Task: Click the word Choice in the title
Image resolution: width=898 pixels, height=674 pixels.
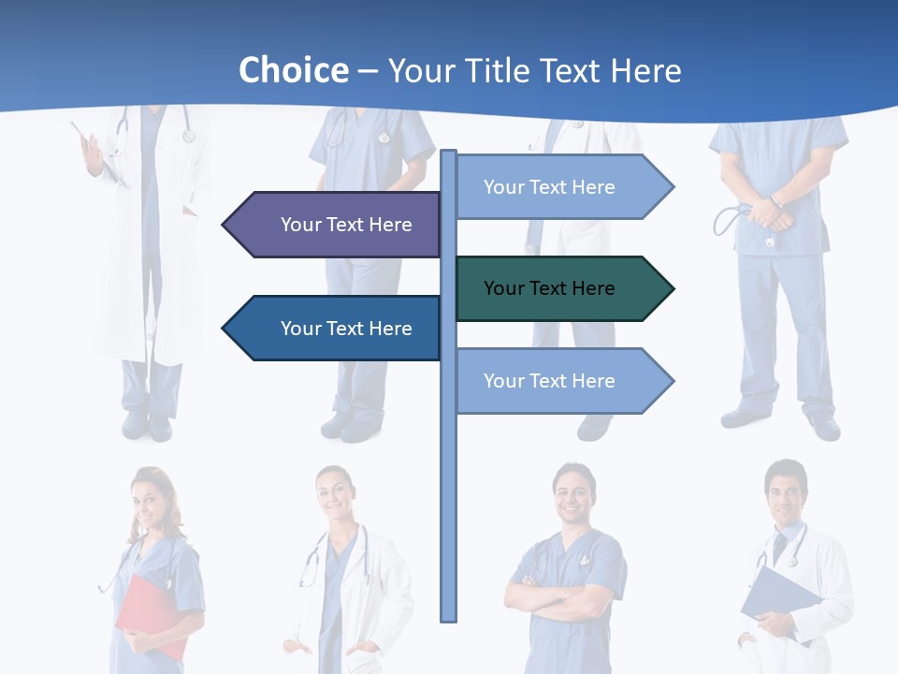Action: (x=293, y=71)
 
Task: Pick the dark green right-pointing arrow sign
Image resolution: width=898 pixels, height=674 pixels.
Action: (x=561, y=288)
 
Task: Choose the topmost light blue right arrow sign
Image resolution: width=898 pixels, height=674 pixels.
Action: (x=561, y=187)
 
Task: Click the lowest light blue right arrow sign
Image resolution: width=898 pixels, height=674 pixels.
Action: (x=561, y=381)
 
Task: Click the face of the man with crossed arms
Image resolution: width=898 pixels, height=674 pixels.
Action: (x=572, y=492)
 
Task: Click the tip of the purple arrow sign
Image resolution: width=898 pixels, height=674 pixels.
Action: (x=224, y=225)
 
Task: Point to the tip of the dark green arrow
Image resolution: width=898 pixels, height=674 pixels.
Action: (x=672, y=288)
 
